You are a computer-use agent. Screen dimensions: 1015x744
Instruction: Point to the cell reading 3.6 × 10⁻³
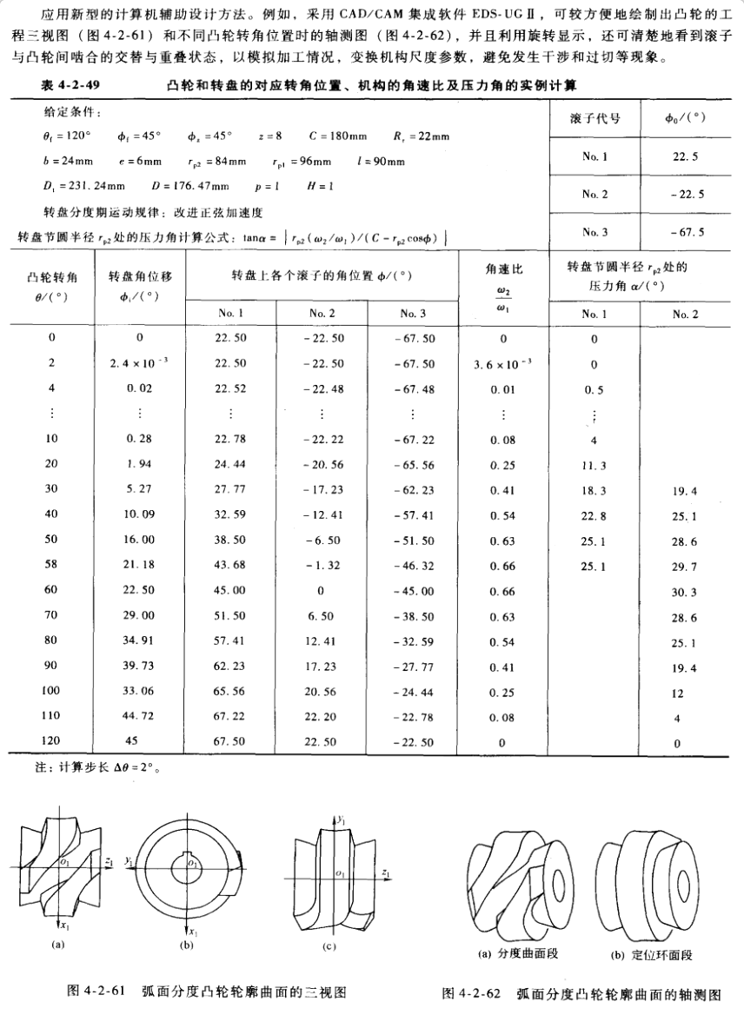coord(503,364)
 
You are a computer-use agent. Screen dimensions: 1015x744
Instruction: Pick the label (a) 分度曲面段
coord(518,952)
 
